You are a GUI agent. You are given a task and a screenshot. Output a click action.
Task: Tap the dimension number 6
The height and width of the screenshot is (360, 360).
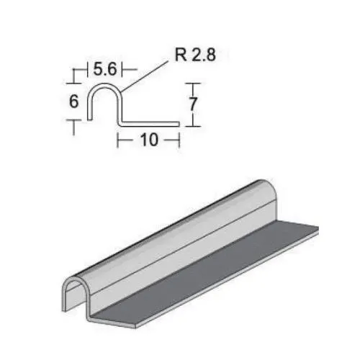click(x=73, y=102)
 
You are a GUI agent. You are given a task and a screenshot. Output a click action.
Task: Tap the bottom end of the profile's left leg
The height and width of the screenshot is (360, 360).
click(x=89, y=117)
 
